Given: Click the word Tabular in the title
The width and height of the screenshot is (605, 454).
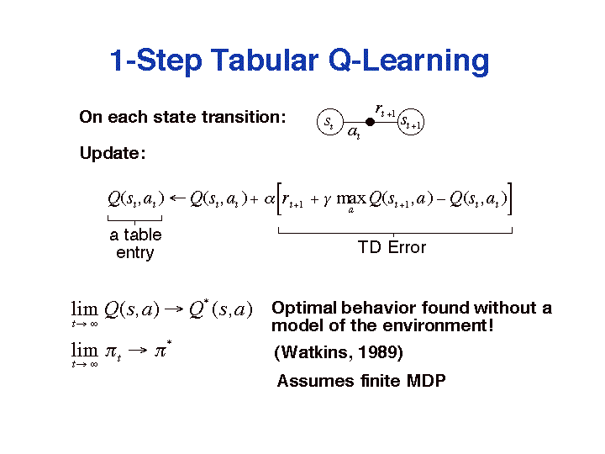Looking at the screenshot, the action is click(x=265, y=61).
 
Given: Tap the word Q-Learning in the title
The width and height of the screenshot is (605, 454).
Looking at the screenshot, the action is click(x=408, y=61).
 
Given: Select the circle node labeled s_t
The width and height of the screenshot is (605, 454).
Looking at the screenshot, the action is click(x=330, y=122).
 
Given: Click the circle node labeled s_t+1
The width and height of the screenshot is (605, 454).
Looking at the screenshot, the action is click(x=411, y=122).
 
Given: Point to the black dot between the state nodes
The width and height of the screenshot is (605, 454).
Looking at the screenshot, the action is click(x=370, y=122).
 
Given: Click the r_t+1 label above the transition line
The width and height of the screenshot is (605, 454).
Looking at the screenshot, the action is click(x=385, y=110).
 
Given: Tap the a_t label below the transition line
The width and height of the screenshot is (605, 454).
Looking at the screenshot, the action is click(x=354, y=133).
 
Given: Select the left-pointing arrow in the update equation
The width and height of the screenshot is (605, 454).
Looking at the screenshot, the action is click(x=177, y=198).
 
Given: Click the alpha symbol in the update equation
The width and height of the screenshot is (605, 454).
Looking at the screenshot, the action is click(x=270, y=199).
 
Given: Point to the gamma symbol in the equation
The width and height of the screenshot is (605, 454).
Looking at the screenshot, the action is click(x=327, y=200).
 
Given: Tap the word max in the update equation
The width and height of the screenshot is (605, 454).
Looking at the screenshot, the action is click(x=351, y=198).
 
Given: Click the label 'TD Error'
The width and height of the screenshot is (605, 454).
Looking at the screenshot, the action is click(x=392, y=247).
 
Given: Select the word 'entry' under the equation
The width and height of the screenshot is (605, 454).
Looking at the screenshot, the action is click(x=135, y=253).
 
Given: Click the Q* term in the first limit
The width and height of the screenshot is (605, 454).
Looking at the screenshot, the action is click(x=198, y=309).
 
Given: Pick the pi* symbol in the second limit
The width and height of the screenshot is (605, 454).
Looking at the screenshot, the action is click(x=163, y=349).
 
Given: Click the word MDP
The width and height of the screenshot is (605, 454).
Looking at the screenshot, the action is click(x=426, y=381).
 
